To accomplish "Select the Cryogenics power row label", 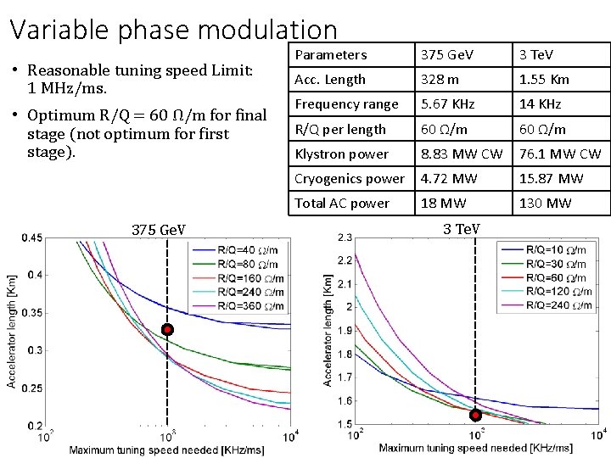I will [x=349, y=179].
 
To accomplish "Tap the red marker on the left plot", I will [x=168, y=329].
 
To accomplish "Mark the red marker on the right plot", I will [x=475, y=415].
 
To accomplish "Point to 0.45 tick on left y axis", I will [x=32, y=238].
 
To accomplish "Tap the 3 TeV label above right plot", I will [x=462, y=229].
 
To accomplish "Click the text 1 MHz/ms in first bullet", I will [x=64, y=88].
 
